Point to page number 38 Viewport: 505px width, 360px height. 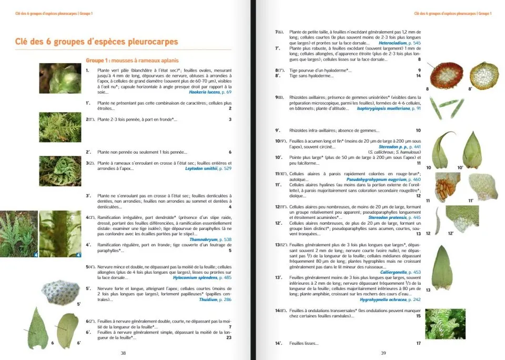pos(123,353)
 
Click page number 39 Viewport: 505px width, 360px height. pos(383,353)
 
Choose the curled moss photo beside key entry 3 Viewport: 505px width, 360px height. pos(60,171)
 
